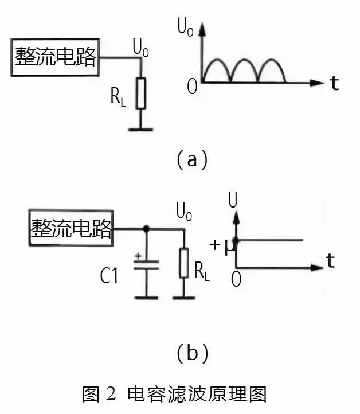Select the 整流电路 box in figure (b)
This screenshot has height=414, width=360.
(x=71, y=229)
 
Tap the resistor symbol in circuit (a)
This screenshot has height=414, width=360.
(x=140, y=93)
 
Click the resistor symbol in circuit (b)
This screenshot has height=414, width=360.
(x=183, y=263)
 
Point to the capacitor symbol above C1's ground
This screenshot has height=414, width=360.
(x=146, y=265)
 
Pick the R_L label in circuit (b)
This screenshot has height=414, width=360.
(x=202, y=271)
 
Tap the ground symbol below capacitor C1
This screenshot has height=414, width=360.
(x=146, y=297)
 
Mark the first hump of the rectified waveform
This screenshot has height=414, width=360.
(x=217, y=70)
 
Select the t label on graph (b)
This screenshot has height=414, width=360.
(x=330, y=261)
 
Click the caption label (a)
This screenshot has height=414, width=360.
(x=191, y=159)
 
